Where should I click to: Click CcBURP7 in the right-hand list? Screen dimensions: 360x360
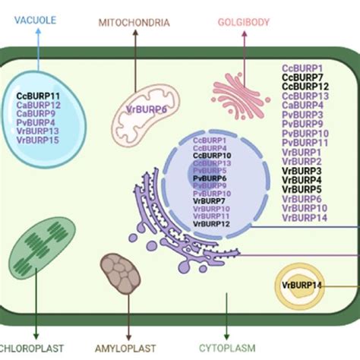point(305,77)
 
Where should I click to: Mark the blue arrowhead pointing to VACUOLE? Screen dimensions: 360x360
point(38,36)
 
